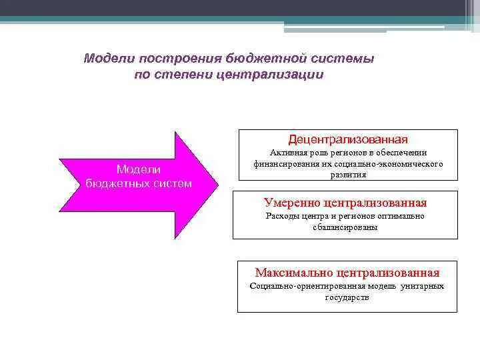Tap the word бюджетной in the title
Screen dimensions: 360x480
point(251,59)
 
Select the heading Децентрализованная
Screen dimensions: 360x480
point(347,140)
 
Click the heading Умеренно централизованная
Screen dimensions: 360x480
point(345,203)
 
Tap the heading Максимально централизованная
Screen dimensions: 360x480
point(347,273)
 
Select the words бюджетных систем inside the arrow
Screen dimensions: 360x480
point(139,183)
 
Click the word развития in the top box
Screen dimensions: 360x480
point(347,174)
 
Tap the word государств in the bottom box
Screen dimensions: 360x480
point(347,297)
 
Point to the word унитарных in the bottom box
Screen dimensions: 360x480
point(423,286)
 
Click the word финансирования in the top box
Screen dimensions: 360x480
point(283,163)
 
